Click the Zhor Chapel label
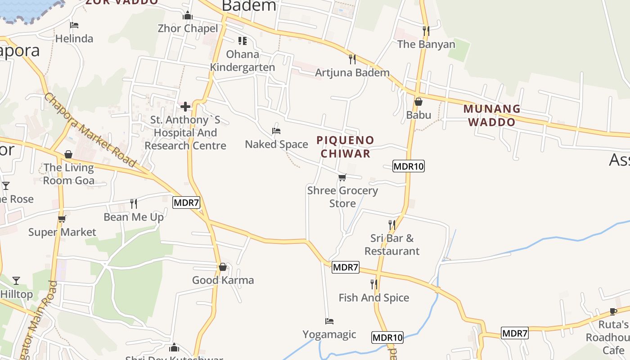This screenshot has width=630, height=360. pyautogui.click(x=188, y=28)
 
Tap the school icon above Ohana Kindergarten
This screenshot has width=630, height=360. pyautogui.click(x=243, y=41)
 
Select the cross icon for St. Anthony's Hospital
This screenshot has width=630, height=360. pyautogui.click(x=185, y=107)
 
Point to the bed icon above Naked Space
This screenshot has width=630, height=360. pyautogui.click(x=276, y=131)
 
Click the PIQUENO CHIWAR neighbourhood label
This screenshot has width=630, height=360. pyautogui.click(x=345, y=147)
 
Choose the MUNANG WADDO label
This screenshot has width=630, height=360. pyautogui.click(x=492, y=115)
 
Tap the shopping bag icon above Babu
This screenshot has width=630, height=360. pyautogui.click(x=418, y=102)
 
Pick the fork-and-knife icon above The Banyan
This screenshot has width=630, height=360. pyautogui.click(x=426, y=31)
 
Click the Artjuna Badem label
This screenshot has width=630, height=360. pyautogui.click(x=352, y=72)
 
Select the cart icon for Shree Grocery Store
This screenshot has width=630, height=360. pyautogui.click(x=342, y=177)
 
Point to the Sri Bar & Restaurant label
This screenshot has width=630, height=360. pyautogui.click(x=391, y=244)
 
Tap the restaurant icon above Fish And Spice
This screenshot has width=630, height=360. pyautogui.click(x=374, y=284)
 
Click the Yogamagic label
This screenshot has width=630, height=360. pyautogui.click(x=329, y=334)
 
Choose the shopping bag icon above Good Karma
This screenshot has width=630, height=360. pyautogui.click(x=223, y=267)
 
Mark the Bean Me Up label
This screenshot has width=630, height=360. pyautogui.click(x=134, y=217)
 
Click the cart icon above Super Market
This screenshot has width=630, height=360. pyautogui.click(x=62, y=219)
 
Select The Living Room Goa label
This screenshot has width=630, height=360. pyautogui.click(x=69, y=174)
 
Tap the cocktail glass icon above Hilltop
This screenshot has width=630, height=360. pyautogui.click(x=16, y=281)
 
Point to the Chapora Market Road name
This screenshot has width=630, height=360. pyautogui.click(x=90, y=130)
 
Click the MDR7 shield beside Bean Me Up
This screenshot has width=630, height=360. pyautogui.click(x=186, y=202)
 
